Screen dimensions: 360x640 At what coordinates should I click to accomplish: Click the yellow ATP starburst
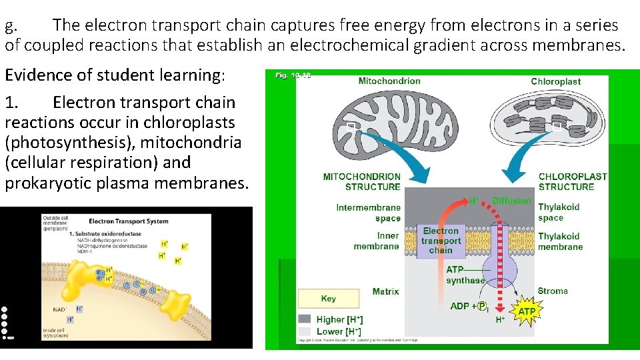(526, 311)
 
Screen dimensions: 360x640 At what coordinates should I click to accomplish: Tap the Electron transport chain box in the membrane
(441, 241)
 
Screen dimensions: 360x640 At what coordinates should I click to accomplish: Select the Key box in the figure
(329, 299)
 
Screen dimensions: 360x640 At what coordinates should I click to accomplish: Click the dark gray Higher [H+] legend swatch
(305, 319)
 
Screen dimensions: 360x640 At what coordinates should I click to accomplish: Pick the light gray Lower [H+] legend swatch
(305, 331)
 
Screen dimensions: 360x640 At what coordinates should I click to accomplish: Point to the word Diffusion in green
(511, 201)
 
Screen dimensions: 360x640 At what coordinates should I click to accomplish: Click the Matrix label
(386, 291)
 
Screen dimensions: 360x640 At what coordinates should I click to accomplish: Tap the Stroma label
(553, 291)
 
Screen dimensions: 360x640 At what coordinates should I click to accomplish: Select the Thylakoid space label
(559, 212)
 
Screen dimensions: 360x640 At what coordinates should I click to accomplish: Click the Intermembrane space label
(369, 213)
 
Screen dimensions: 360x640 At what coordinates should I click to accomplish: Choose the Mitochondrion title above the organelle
(389, 81)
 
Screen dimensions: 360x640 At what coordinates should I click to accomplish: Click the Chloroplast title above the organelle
(555, 81)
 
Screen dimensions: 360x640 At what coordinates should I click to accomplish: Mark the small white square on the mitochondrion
(350, 126)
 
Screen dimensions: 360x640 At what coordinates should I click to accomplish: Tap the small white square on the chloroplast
(557, 125)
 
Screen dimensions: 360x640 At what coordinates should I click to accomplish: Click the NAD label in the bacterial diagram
(59, 309)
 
